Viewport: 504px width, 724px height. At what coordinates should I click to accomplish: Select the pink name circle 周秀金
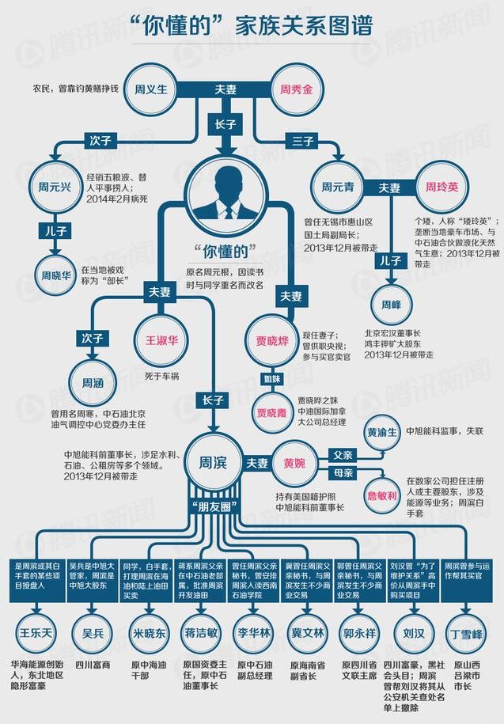tap(296, 89)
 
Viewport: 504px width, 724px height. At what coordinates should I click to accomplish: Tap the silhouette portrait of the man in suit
tap(227, 193)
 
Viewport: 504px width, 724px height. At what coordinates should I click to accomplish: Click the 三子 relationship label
tap(305, 140)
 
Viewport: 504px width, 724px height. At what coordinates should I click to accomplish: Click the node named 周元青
tap(337, 188)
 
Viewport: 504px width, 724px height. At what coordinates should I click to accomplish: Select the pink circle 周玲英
tap(442, 188)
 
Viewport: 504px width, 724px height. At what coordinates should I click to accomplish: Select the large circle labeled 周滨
tap(210, 462)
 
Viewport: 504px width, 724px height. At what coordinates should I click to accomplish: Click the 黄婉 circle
tap(294, 462)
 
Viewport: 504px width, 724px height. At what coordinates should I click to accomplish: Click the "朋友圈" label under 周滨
tap(211, 505)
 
